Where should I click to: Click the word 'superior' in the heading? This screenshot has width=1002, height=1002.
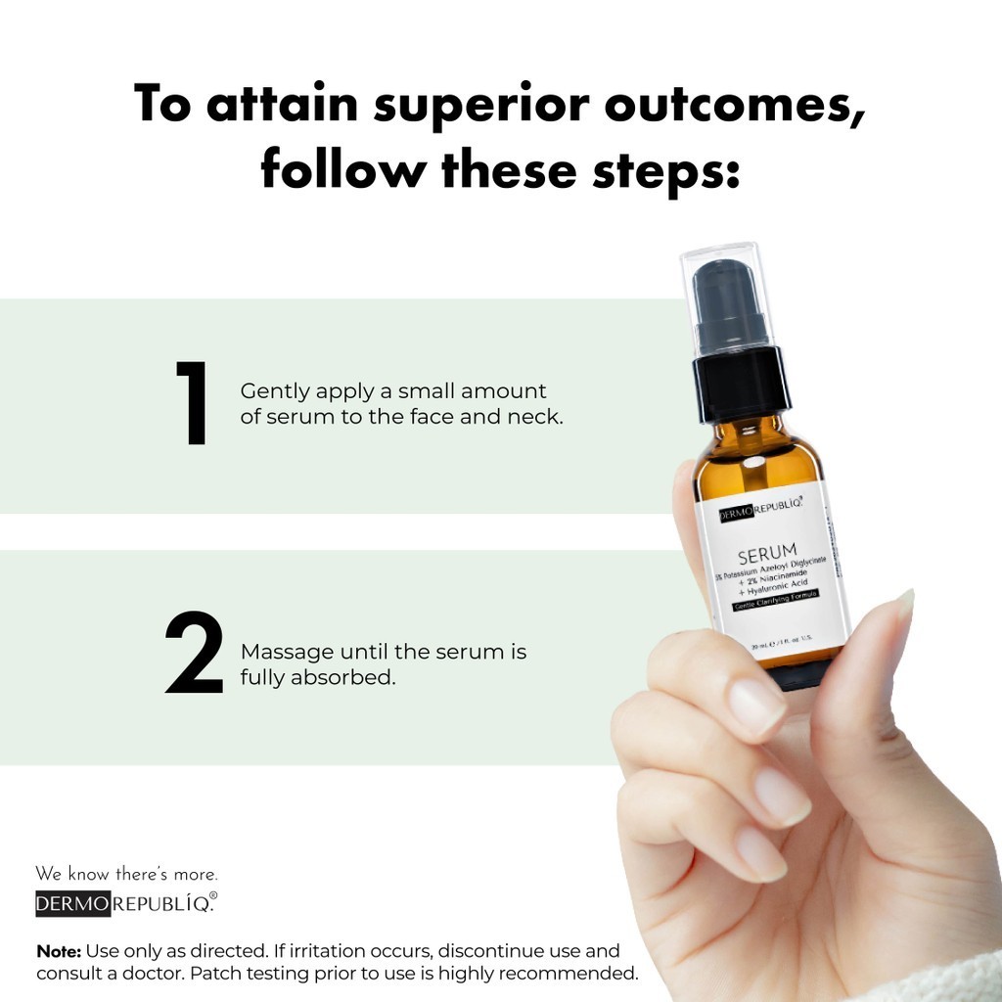tap(465, 105)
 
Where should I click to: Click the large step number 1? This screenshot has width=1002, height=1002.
tap(193, 403)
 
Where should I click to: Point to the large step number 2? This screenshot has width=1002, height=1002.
tap(196, 653)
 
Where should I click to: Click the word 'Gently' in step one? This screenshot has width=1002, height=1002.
tap(272, 391)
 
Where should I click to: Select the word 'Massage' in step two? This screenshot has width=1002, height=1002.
tap(284, 652)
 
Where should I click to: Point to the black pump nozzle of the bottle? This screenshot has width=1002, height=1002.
tap(730, 303)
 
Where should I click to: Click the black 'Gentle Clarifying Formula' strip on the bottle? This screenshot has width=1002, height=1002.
tap(777, 600)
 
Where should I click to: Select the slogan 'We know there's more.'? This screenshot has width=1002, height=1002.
tap(126, 874)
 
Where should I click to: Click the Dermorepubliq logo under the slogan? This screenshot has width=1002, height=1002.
tap(126, 903)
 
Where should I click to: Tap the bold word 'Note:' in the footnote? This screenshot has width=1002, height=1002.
tap(59, 951)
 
